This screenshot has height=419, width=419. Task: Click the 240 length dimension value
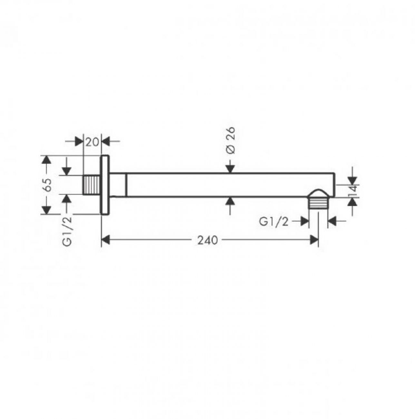207,240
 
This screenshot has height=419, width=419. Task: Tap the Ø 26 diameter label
230,141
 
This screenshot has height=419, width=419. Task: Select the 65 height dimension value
47,185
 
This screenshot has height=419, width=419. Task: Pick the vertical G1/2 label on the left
67,231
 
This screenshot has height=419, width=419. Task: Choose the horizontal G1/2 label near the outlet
274,222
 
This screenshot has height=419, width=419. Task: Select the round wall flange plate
105,185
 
